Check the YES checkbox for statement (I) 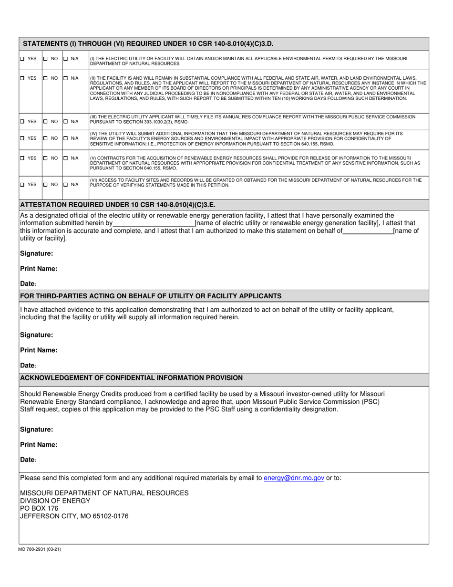pos(23,59)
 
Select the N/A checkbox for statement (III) pos(66,121)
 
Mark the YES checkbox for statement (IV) pos(23,138)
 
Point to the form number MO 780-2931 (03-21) pos(40,549)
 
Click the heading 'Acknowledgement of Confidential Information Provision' pos(131,378)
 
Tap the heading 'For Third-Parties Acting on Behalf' pos(151,296)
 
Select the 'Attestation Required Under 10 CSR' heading pos(117,205)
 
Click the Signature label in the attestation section pos(36,253)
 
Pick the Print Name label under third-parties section pos(39,350)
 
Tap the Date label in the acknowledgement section pos(28,460)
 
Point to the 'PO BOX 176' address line pos(39,508)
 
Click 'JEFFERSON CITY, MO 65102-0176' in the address pos(74,516)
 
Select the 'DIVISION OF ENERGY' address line pos(55,501)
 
